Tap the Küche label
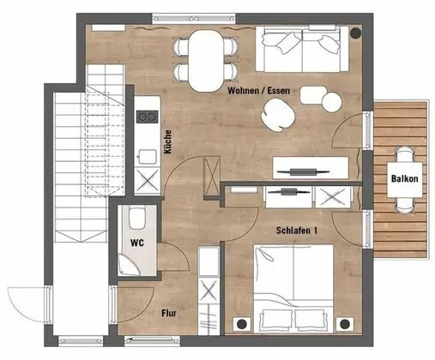168,141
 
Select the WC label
136,243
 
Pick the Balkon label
404,179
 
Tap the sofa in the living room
303,49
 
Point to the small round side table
331,101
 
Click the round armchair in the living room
280,112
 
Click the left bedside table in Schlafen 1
241,324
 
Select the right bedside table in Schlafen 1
347,324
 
